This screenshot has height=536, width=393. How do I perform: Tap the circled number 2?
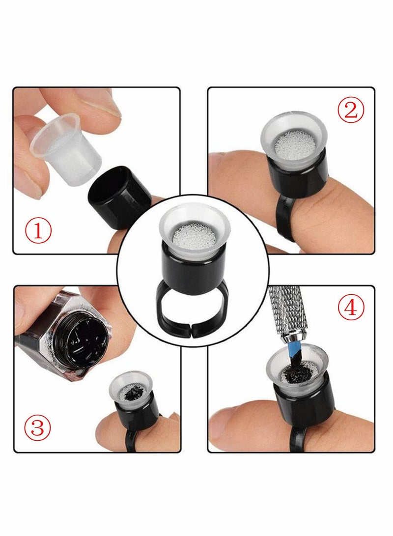(350, 111)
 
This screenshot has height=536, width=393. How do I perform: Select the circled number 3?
(39, 428)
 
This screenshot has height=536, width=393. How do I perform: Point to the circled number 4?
(350, 308)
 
